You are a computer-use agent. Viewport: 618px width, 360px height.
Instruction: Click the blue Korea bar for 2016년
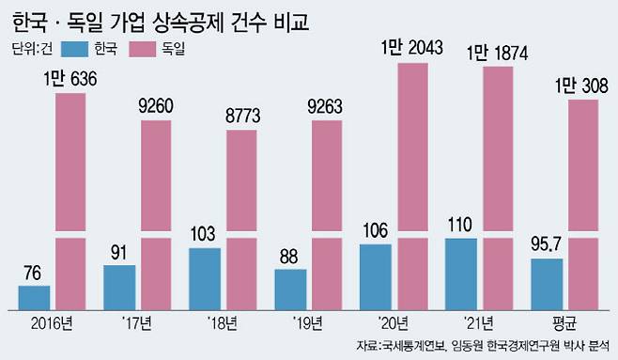(34, 298)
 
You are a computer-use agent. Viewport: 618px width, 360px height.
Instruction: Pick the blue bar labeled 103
(205, 279)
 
